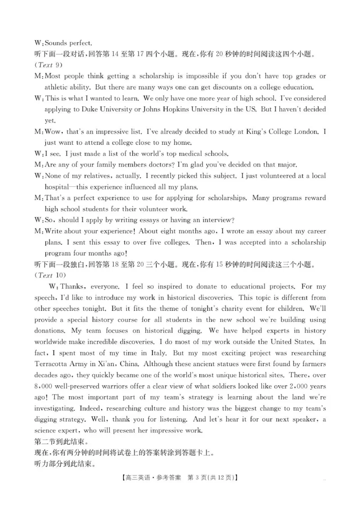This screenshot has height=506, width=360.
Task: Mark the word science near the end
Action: [47, 430]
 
